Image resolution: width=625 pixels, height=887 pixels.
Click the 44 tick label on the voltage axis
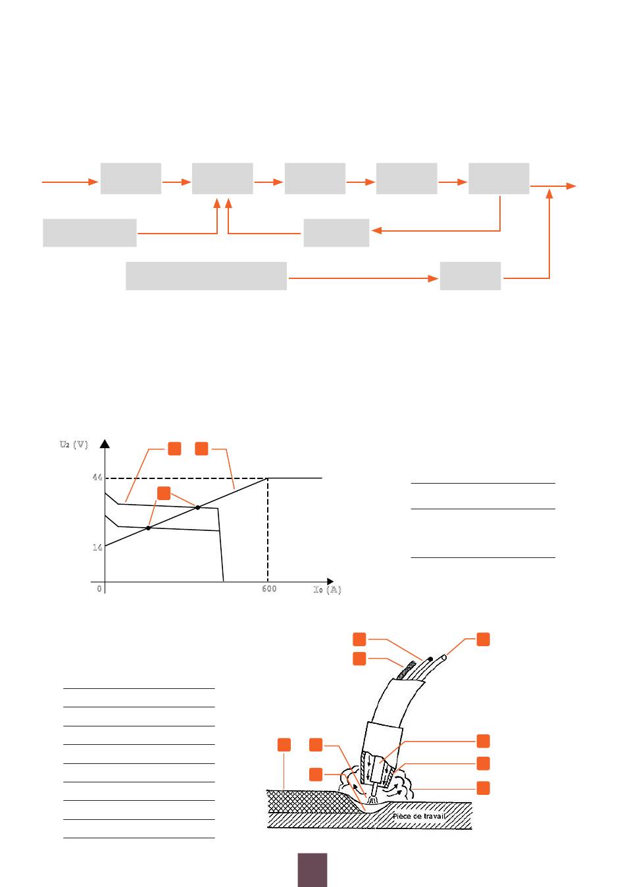pyautogui.click(x=97, y=477)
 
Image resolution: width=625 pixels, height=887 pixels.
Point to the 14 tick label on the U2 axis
pyautogui.click(x=97, y=547)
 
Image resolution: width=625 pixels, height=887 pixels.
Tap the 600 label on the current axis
pyautogui.click(x=269, y=589)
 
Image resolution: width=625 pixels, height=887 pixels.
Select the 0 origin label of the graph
pyautogui.click(x=99, y=589)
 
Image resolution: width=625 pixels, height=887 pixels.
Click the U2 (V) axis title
pyautogui.click(x=74, y=444)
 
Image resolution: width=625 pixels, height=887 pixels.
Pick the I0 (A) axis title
pyautogui.click(x=328, y=590)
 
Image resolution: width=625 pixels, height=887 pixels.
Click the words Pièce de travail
pyautogui.click(x=419, y=816)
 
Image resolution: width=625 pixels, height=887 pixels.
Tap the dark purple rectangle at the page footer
pyautogui.click(x=312, y=870)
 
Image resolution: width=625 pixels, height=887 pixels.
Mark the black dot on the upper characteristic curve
pyautogui.click(x=197, y=507)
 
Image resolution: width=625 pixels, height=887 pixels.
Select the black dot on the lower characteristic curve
pyautogui.click(x=148, y=528)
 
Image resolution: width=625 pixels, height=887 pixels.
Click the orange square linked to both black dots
pyautogui.click(x=164, y=494)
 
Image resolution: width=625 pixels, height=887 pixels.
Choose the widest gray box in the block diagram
pyautogui.click(x=206, y=276)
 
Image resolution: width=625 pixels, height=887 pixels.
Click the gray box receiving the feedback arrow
pyautogui.click(x=336, y=233)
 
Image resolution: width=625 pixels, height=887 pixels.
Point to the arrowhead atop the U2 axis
pyautogui.click(x=105, y=444)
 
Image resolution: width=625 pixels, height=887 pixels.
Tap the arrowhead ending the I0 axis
pyautogui.click(x=330, y=581)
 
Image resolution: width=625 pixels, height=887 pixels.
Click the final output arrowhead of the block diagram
pyautogui.click(x=571, y=186)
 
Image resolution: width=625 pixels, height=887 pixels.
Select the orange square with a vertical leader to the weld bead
pyautogui.click(x=284, y=744)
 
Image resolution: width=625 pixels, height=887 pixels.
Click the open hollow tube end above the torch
pyautogui.click(x=443, y=657)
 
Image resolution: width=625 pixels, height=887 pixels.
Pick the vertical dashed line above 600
pyautogui.click(x=268, y=530)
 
